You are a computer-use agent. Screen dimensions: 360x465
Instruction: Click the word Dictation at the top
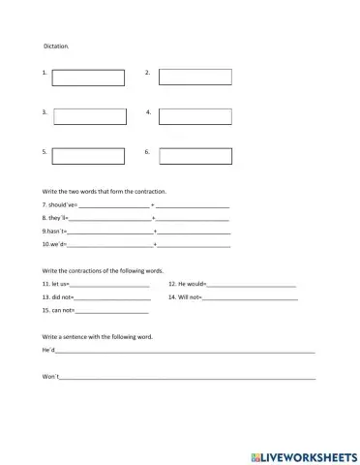[56, 46]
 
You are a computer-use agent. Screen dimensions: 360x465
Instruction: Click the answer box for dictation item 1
[88, 77]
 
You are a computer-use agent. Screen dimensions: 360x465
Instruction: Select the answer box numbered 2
[195, 77]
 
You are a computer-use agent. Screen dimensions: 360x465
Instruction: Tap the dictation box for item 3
[90, 116]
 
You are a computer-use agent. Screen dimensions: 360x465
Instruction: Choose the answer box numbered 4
[195, 116]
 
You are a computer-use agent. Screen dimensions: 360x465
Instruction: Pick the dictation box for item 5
[88, 155]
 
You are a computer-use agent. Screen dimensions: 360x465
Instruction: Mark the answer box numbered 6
[195, 155]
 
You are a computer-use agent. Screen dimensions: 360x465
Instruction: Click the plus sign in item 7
[153, 206]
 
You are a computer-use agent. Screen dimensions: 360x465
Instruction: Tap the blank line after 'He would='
[252, 285]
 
